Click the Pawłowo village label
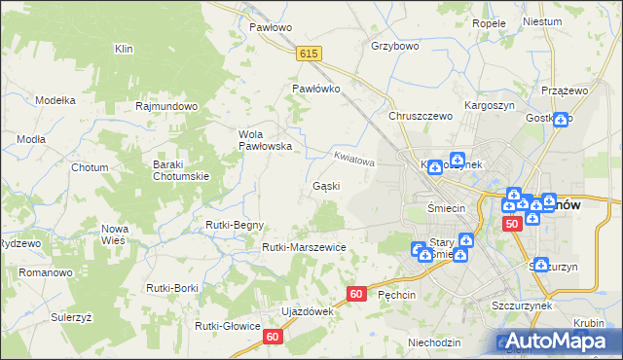coord(271,27)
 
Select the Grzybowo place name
coord(394,46)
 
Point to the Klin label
coord(124,48)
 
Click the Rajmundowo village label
coord(167,106)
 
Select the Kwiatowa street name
coord(353,157)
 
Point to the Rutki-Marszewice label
coord(304,247)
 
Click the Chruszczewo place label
coord(421,116)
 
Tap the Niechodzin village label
coord(434,342)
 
